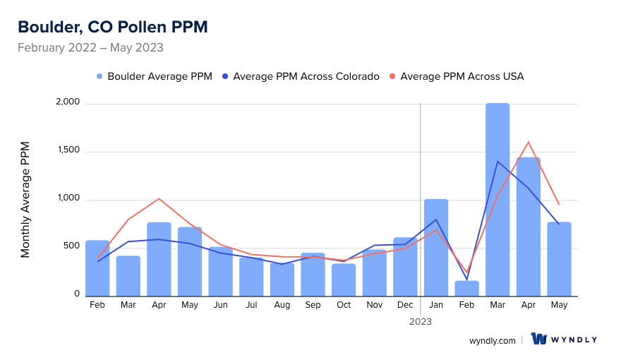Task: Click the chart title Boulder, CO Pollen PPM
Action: pos(113,27)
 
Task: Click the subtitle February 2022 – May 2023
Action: pos(90,48)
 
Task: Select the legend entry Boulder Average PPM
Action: pos(154,76)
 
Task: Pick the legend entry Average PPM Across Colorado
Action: pos(300,76)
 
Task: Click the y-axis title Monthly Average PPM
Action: pos(25,200)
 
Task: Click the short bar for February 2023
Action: pos(466,288)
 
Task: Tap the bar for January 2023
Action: pos(436,247)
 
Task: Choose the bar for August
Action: pos(282,279)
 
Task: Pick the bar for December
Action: pos(405,267)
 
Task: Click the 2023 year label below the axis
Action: pos(421,321)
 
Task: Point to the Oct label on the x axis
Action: pos(344,305)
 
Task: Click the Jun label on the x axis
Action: pos(220,305)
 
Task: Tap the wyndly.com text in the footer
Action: pos(493,340)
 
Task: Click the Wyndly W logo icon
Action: pos(539,340)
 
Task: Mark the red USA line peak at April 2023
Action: pos(528,142)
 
